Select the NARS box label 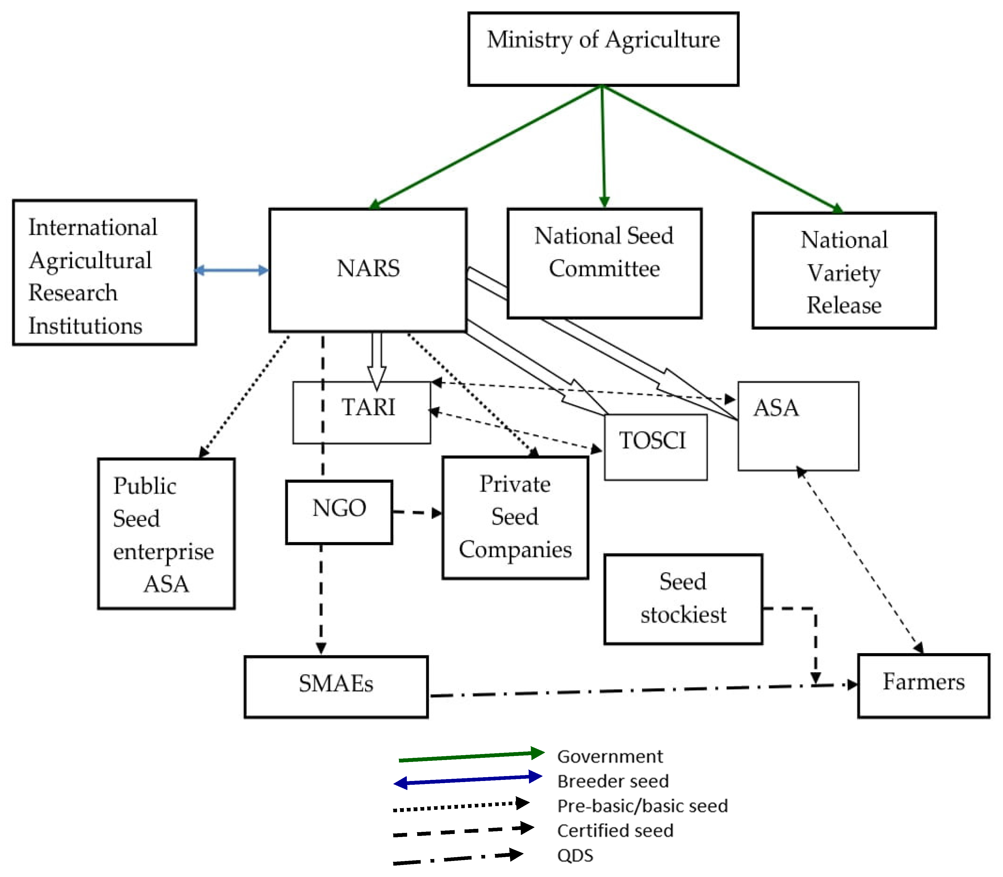tap(368, 268)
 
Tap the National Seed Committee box tap(604, 263)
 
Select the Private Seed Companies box tap(515, 517)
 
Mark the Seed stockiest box tap(683, 598)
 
